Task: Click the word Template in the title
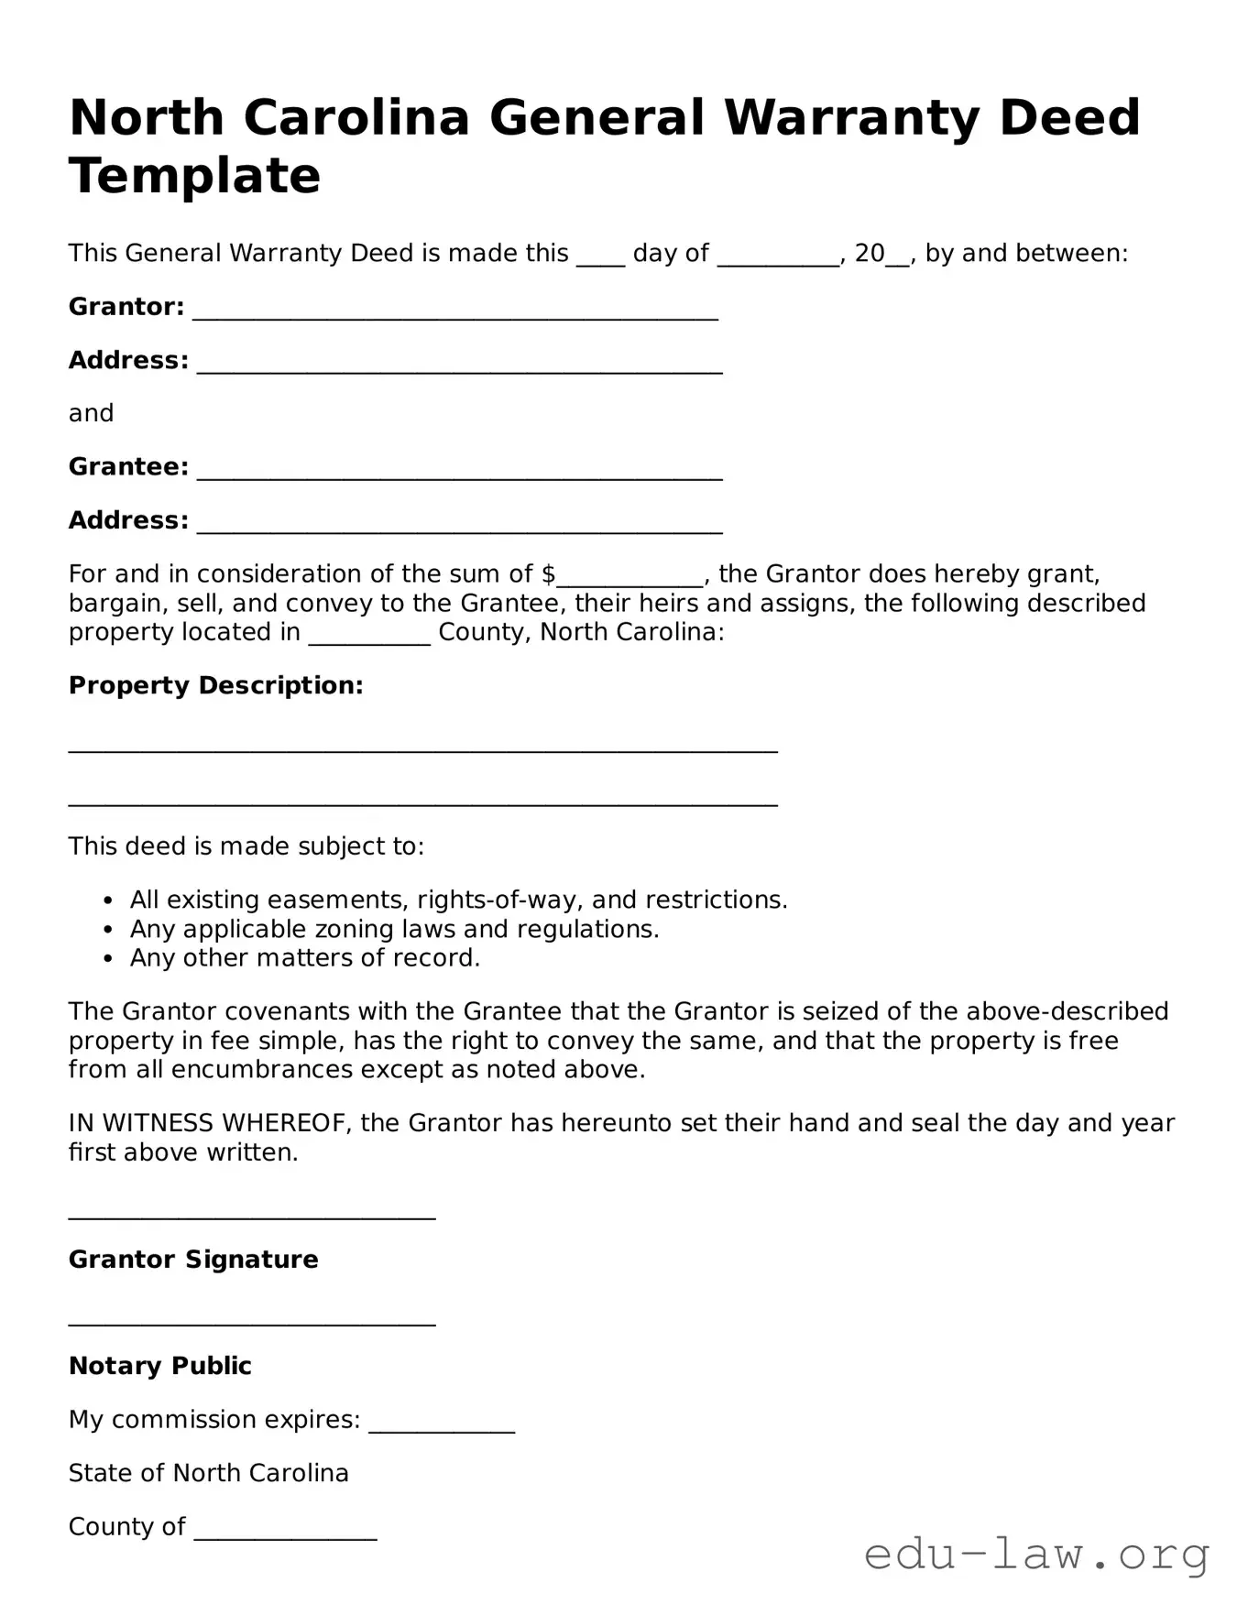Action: coord(194,175)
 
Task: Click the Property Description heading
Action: coord(215,685)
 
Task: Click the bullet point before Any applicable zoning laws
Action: coord(109,930)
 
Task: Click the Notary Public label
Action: coord(159,1366)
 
